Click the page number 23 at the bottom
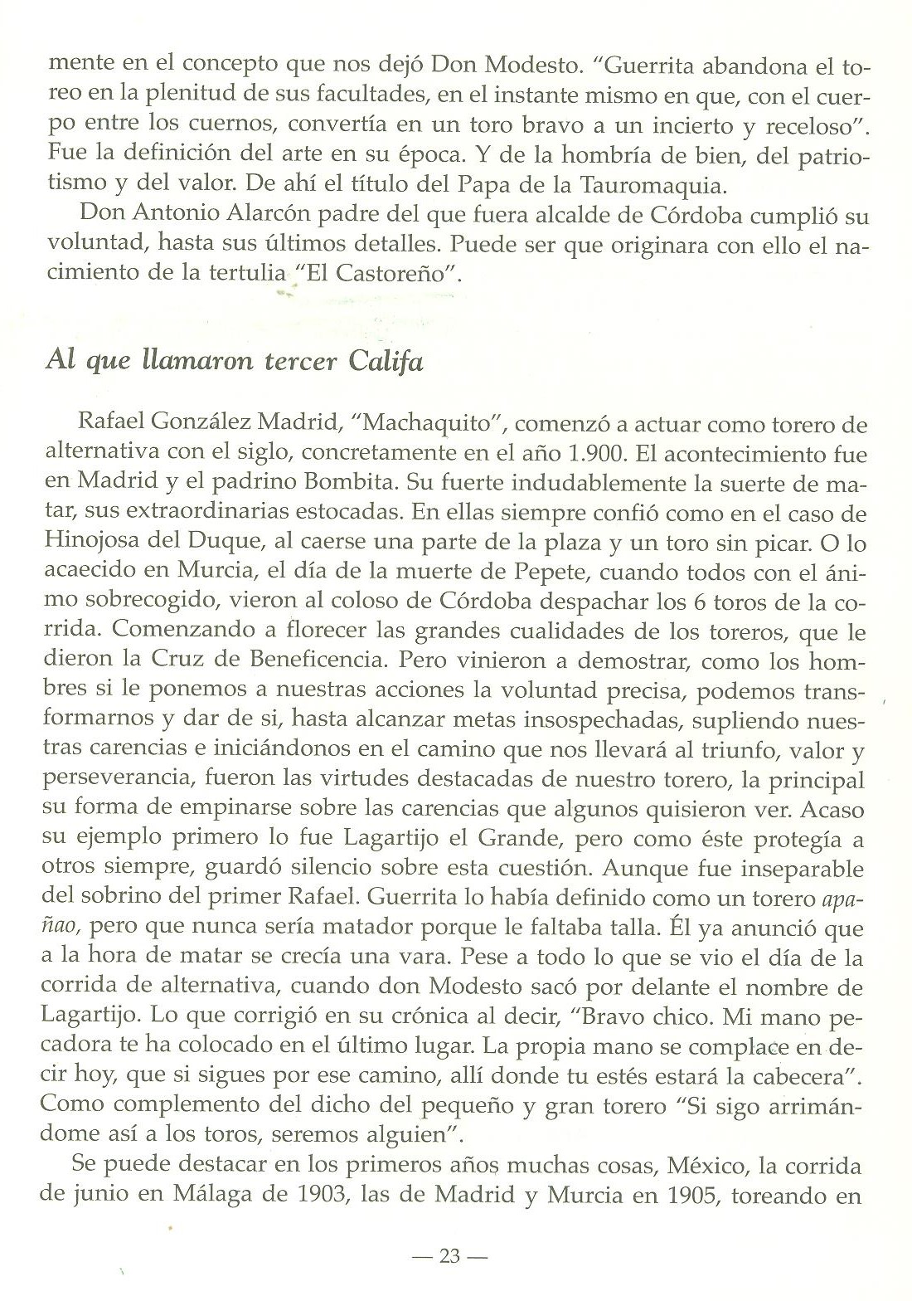449,1256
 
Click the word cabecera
807,1077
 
